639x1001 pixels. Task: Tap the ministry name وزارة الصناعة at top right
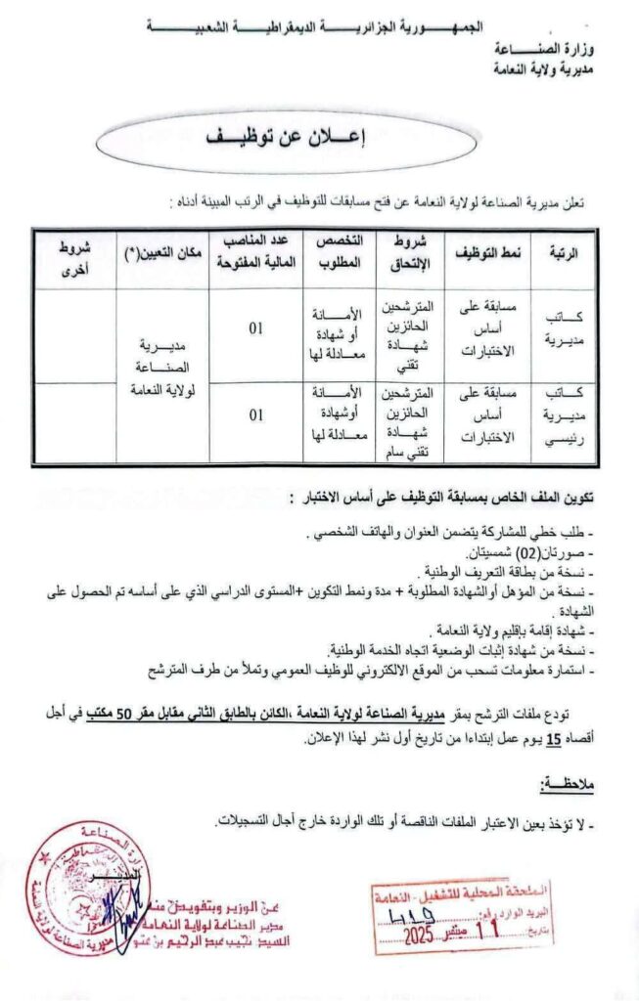pyautogui.click(x=559, y=49)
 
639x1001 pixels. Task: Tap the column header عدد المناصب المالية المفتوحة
pyautogui.click(x=255, y=252)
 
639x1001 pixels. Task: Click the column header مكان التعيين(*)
pyautogui.click(x=160, y=252)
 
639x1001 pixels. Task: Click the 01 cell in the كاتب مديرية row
pyautogui.click(x=256, y=328)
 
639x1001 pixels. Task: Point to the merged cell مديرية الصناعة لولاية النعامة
pyautogui.click(x=162, y=368)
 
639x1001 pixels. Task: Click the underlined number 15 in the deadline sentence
pyautogui.click(x=553, y=740)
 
